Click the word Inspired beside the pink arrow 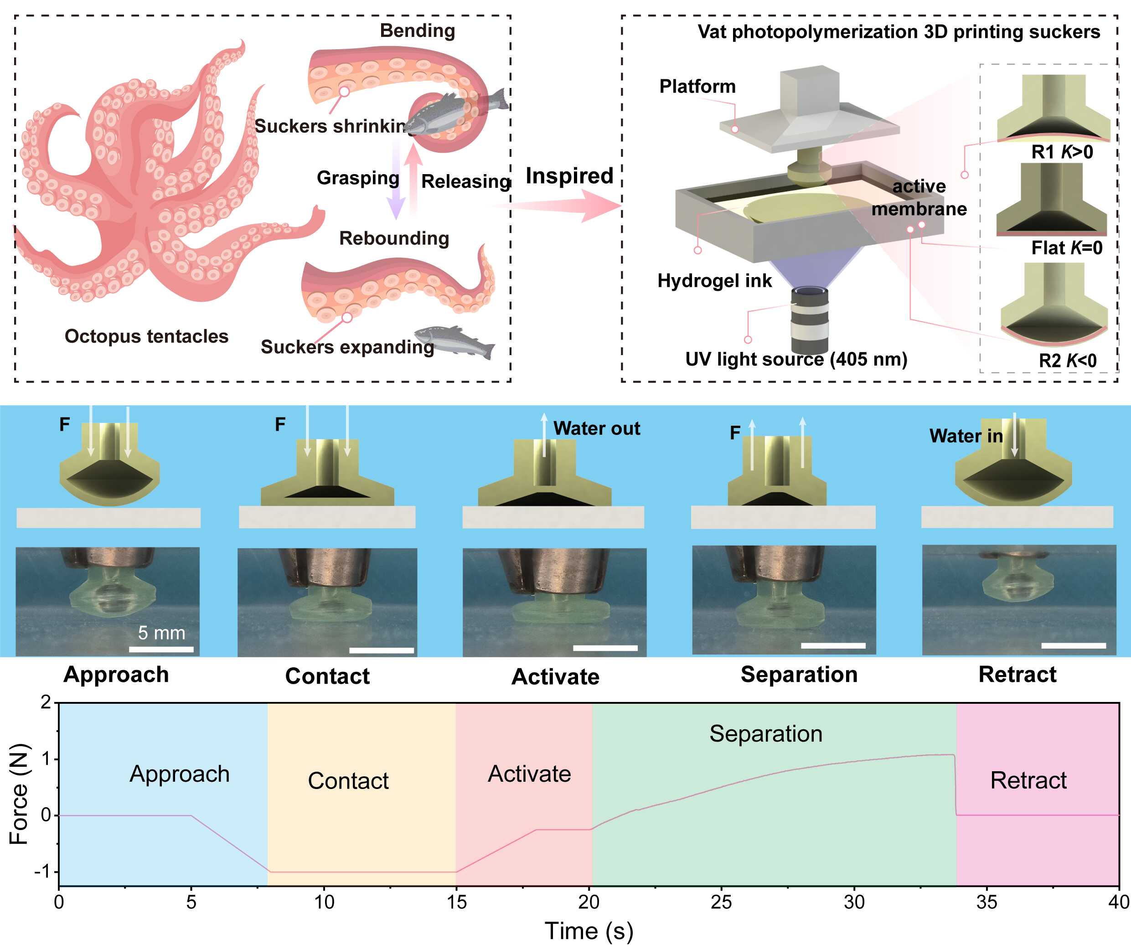(569, 176)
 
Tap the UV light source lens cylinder (809, 320)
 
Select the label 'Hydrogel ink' (714, 281)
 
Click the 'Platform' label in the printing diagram (697, 86)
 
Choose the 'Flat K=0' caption (1066, 248)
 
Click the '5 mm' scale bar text (161, 633)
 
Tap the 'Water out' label (596, 428)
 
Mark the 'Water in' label (966, 436)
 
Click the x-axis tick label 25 (721, 902)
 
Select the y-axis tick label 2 (46, 702)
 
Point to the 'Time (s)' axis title (589, 931)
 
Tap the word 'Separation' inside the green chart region (765, 733)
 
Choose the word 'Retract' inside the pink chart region (1028, 780)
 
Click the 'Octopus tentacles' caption (146, 336)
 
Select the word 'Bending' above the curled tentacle (418, 31)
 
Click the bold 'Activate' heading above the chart (555, 676)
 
